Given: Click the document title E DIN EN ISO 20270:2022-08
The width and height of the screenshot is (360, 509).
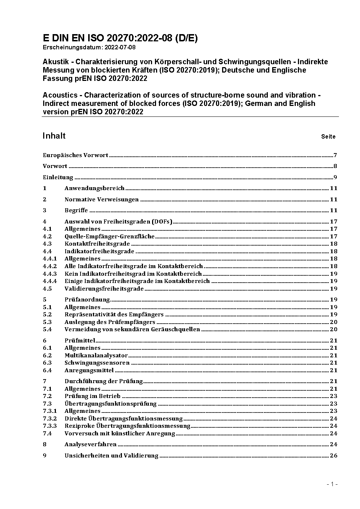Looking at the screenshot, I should point(120,38).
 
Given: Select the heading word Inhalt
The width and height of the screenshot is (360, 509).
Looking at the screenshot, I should point(54,136).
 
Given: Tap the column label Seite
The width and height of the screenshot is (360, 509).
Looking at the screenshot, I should point(328,137).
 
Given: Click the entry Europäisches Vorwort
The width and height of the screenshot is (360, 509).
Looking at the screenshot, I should point(75,155).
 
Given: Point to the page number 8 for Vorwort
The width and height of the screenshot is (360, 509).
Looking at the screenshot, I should point(335,166).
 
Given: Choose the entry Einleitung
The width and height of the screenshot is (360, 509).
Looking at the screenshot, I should point(58,177).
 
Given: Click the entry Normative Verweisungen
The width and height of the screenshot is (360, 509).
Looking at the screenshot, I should point(102,199).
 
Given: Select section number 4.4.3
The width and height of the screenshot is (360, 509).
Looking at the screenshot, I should point(50,274).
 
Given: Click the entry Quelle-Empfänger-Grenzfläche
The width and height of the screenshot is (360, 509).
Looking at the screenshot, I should point(110,236).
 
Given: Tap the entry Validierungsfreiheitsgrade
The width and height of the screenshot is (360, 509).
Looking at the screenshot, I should point(104,288).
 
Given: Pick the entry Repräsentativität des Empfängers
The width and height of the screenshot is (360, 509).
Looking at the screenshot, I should point(114,314).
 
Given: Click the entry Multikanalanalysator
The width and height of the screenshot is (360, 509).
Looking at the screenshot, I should point(96,355).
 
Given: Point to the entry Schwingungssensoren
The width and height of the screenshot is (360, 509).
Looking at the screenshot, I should point(97,362).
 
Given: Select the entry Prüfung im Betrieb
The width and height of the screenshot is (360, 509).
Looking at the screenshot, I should point(93,396).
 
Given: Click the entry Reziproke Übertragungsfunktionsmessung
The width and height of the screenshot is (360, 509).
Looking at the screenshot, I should point(127,426).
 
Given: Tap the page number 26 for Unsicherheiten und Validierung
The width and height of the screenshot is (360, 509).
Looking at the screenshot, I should point(334,455).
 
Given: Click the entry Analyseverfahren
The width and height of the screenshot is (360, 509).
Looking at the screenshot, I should point(90,444).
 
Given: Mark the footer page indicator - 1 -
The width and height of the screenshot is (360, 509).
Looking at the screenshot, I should point(332,484).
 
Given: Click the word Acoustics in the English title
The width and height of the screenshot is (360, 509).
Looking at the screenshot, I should point(60,95).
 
